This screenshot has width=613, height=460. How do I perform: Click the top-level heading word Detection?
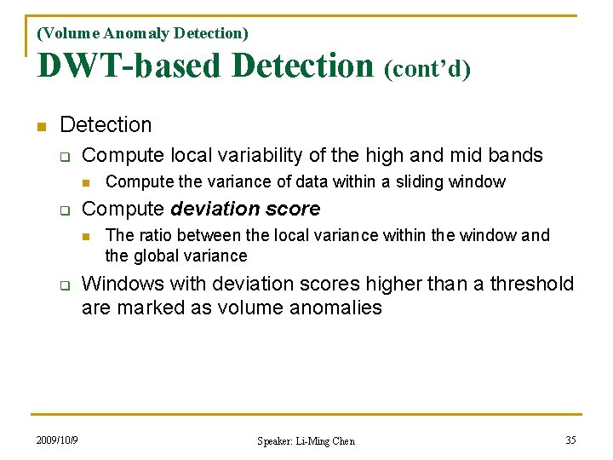pos(106,125)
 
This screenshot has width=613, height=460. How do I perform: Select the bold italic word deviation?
pos(210,209)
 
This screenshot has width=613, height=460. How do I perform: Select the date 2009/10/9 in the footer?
pos(57,440)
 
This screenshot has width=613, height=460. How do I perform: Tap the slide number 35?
pos(570,440)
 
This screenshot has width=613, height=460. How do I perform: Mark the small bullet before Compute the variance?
pos(86,182)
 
